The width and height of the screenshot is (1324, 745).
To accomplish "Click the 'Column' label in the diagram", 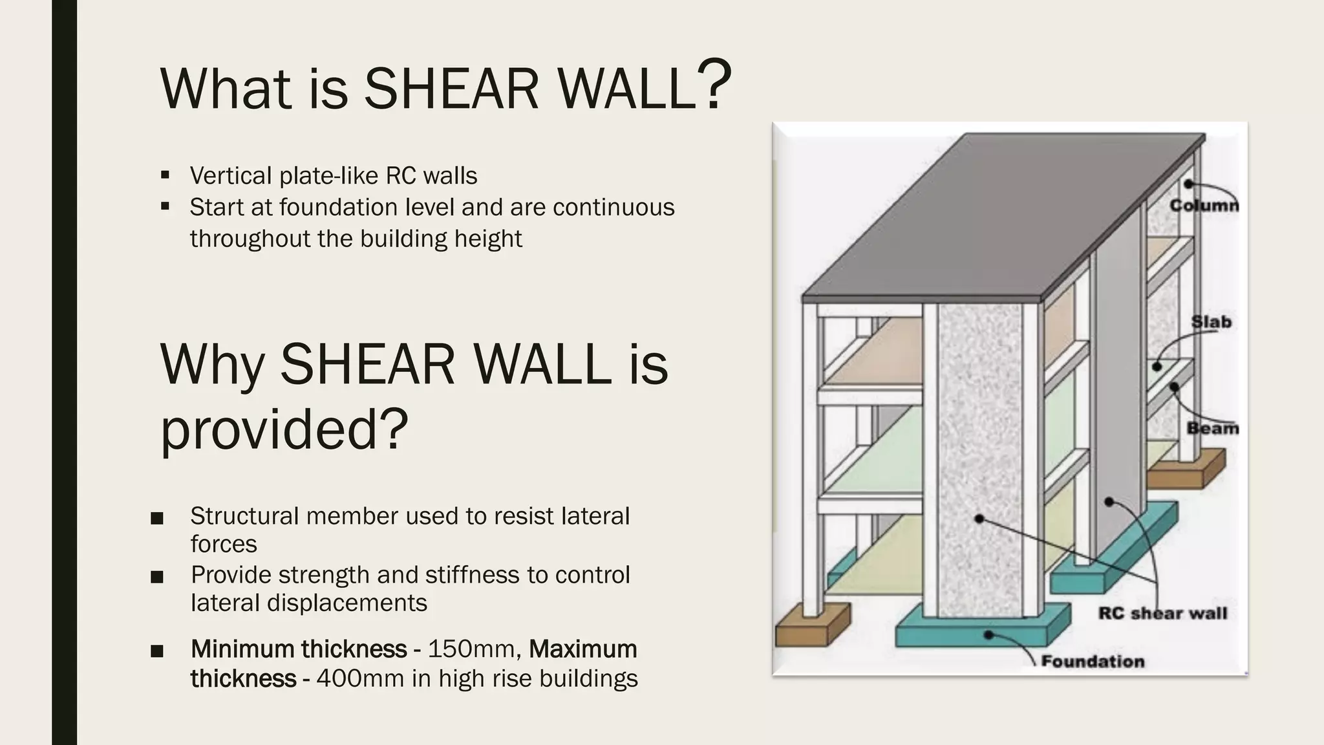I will click(1204, 205).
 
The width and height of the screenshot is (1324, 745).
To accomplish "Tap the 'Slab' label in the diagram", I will click(1211, 321).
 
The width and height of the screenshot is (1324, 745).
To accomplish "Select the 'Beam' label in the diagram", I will click(1212, 428).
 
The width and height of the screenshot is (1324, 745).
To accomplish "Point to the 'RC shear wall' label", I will click(1162, 612).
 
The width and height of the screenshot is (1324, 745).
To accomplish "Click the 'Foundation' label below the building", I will click(1092, 661).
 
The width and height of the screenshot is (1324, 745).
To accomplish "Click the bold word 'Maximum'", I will click(582, 648).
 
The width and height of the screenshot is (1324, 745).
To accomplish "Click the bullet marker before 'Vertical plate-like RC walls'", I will click(165, 175).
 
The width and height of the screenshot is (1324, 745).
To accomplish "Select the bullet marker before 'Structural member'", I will click(156, 518).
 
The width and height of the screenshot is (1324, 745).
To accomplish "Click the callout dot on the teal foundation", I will click(988, 635).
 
